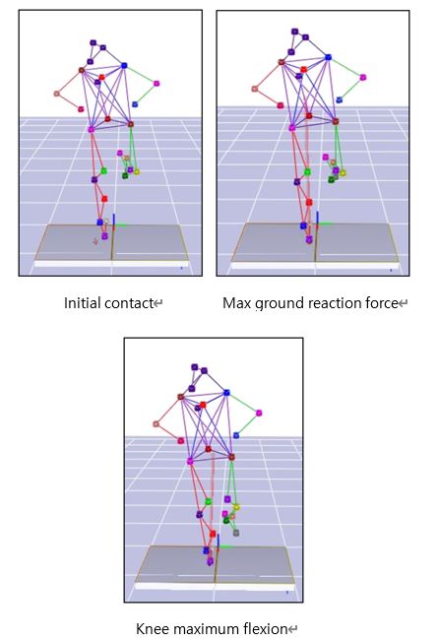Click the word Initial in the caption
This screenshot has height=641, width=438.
pyautogui.click(x=82, y=303)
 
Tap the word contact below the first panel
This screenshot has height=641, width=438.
pyautogui.click(x=129, y=303)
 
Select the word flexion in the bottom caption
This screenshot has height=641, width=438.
pyautogui.click(x=266, y=629)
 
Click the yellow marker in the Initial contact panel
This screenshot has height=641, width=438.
pyautogui.click(x=137, y=171)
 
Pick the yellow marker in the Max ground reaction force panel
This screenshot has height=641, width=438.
pyautogui.click(x=343, y=173)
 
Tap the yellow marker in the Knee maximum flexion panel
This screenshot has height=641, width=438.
pyautogui.click(x=236, y=507)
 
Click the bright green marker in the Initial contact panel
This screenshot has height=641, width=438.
pyautogui.click(x=103, y=171)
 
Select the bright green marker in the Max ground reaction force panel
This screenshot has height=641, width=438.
pyautogui.click(x=307, y=172)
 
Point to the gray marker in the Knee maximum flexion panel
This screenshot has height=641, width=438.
pyautogui.click(x=236, y=533)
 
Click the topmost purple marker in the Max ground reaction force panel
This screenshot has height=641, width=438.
pyautogui.click(x=294, y=32)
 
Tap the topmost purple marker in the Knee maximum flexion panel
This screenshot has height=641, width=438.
pyautogui.click(x=195, y=367)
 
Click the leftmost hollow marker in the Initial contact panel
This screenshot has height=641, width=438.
pyautogui.click(x=56, y=94)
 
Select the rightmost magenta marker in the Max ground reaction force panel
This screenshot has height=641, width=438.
pyautogui.click(x=363, y=77)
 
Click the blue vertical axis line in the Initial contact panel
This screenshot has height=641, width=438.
pyautogui.click(x=113, y=220)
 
